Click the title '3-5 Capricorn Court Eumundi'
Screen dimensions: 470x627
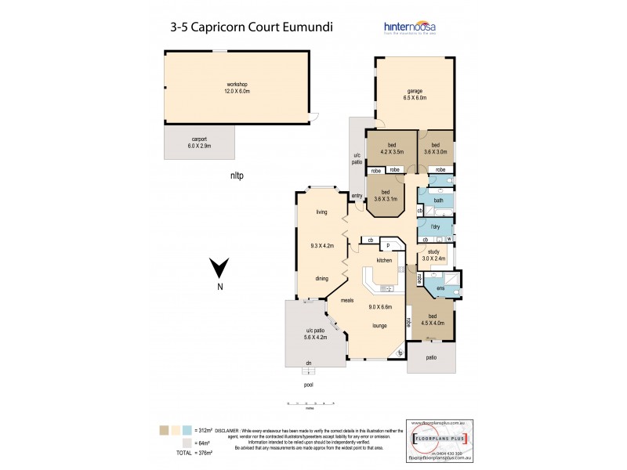[x=251, y=26]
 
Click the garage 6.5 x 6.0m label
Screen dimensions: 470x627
[x=415, y=93]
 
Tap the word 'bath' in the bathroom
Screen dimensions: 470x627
[x=438, y=201]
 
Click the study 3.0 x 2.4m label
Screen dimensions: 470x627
[x=433, y=255]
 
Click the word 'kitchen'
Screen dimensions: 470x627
[x=383, y=259]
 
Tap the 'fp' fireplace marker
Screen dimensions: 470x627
[x=400, y=352]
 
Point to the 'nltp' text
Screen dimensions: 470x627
[x=237, y=175]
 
